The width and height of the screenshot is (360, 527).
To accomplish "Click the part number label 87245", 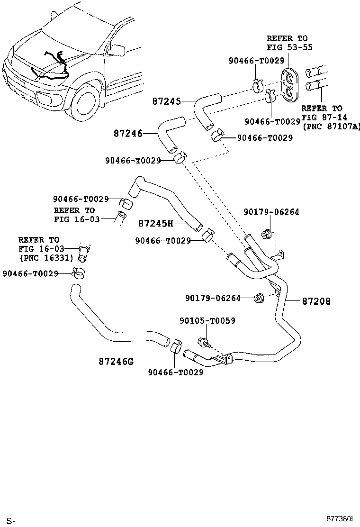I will pos(166,101).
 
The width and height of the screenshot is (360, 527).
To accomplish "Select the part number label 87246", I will pos(128,134).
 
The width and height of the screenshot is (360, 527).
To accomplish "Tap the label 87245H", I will pos(155,223).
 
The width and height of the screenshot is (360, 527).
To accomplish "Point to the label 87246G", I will pos(116,362).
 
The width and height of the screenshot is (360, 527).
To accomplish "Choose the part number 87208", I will pos(315,301).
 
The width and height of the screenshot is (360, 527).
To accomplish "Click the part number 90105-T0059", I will pos(207,321).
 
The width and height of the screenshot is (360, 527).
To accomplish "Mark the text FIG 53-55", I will pos(289,47).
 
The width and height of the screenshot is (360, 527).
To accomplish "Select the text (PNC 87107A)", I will pos(331,127).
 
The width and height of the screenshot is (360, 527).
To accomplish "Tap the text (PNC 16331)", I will pos(46,258).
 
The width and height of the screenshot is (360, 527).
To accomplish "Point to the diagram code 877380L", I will pos(339,519).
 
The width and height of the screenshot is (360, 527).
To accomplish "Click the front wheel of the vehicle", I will pos(87,104).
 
